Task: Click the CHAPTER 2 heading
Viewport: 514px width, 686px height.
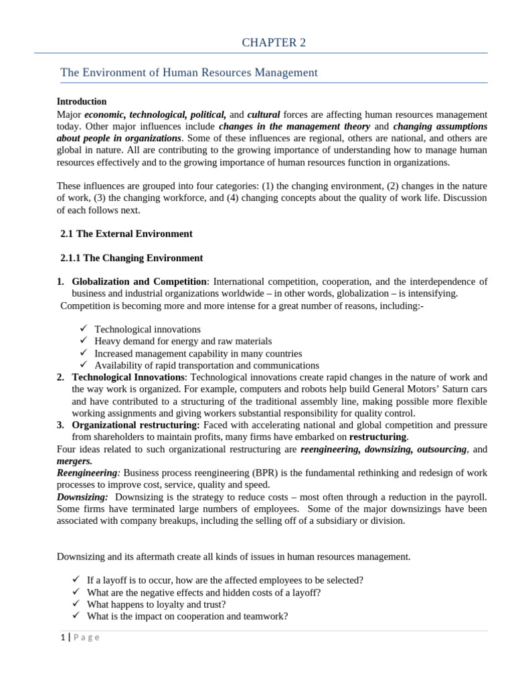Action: [x=273, y=43]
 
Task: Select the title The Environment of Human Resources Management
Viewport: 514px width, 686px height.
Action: [x=189, y=72]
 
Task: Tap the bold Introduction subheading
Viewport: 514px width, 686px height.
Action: [x=82, y=102]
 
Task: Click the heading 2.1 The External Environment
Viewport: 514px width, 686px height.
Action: [x=126, y=234]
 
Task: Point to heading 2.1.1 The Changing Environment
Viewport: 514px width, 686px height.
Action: [x=132, y=258]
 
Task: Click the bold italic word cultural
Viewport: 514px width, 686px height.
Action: [x=264, y=115]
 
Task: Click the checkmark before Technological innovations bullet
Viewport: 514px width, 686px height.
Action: [x=83, y=329]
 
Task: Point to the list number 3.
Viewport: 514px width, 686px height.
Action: [x=60, y=425]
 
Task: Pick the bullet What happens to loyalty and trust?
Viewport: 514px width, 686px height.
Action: [x=158, y=604]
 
